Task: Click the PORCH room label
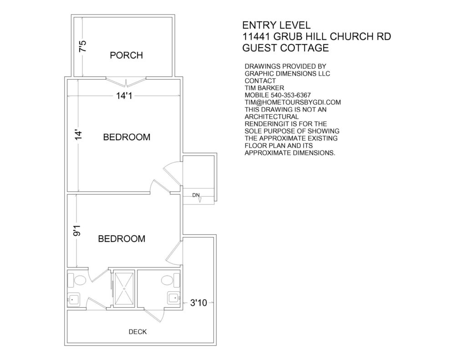(127, 55)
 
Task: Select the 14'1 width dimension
(124, 96)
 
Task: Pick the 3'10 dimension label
(198, 303)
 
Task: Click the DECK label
(137, 332)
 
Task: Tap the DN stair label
(196, 195)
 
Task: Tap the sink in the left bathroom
(74, 299)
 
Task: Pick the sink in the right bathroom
(174, 298)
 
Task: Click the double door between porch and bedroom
(126, 82)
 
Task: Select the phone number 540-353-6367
(291, 95)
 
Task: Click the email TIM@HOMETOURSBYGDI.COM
(293, 102)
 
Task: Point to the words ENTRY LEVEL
(276, 25)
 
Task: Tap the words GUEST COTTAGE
(286, 48)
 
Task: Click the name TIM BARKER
(264, 88)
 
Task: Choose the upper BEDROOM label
(127, 137)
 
